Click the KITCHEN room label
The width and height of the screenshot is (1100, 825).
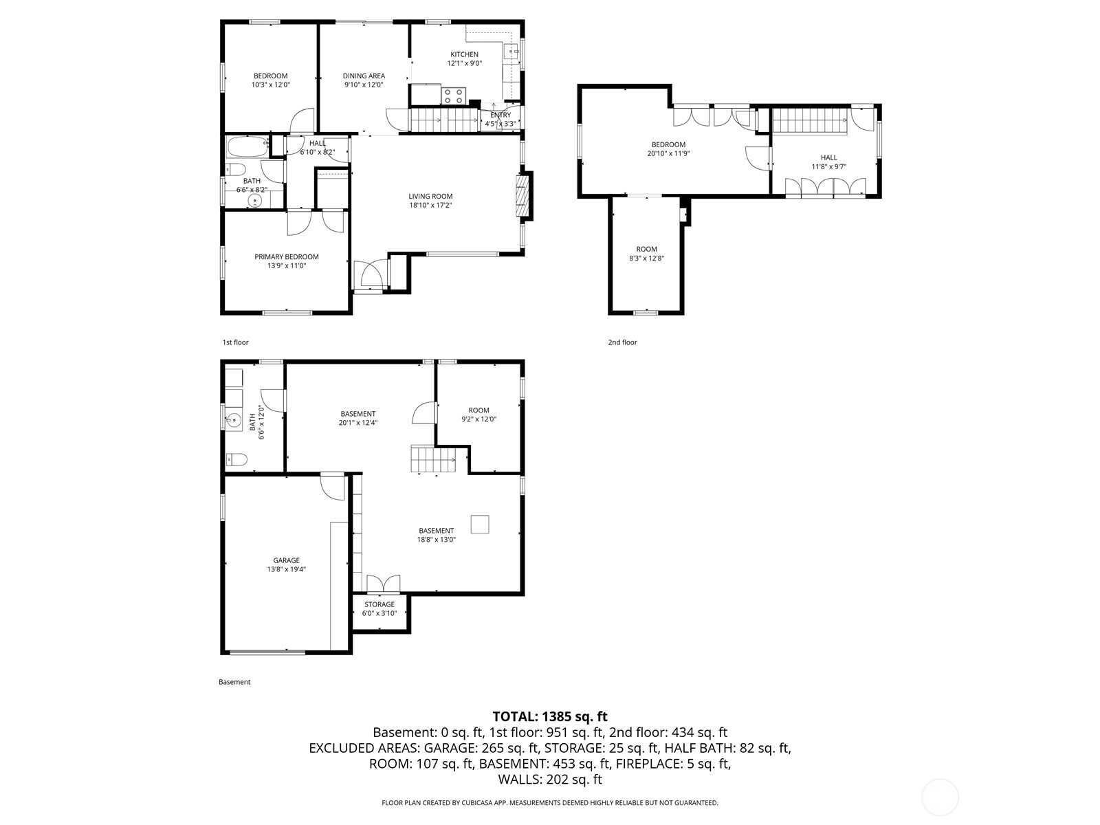click(x=464, y=54)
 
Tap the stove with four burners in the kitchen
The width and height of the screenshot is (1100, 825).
click(x=453, y=96)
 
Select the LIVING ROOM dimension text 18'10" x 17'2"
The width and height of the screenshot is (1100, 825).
click(x=430, y=205)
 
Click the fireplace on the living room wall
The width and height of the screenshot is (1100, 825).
click(x=524, y=197)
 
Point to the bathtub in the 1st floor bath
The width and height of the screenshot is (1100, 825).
click(x=245, y=148)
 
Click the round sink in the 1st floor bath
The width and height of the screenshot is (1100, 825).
click(x=256, y=201)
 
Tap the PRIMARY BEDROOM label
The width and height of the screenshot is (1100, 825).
click(x=287, y=256)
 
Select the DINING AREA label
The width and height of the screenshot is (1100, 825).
click(x=364, y=76)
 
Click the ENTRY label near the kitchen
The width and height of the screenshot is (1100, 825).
click(x=500, y=115)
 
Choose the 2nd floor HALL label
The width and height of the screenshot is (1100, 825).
click(x=828, y=157)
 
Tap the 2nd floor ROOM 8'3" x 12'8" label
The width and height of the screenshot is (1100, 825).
click(x=646, y=249)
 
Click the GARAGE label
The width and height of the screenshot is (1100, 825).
click(x=286, y=560)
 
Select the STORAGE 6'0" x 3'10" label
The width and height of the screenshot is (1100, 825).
click(x=379, y=604)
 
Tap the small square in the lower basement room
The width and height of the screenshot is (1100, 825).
click(x=480, y=524)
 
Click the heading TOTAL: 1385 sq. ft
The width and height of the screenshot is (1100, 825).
click(x=550, y=717)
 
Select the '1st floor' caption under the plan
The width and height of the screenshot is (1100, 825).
click(x=235, y=342)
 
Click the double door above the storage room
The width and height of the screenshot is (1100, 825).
click(x=383, y=584)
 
